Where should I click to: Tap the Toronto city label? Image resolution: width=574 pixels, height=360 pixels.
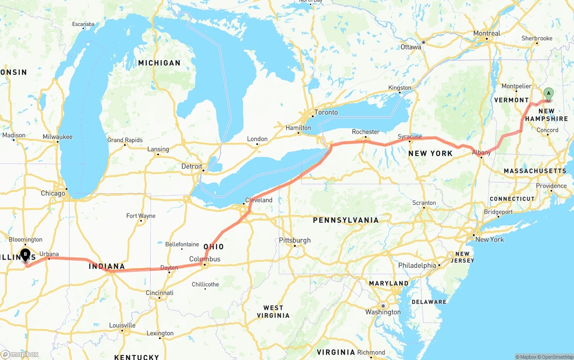[326, 112]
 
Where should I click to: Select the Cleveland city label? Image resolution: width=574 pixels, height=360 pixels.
[259, 200]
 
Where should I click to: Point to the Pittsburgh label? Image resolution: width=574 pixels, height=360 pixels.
[295, 240]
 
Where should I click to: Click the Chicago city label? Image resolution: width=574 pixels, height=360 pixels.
[53, 193]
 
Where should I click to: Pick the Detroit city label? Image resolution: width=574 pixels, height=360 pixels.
[191, 166]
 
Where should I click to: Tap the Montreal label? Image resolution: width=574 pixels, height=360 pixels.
[487, 33]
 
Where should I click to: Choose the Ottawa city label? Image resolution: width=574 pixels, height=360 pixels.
[411, 47]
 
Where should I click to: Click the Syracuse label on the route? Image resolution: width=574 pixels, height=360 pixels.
[409, 136]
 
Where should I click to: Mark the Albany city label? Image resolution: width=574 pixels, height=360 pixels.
[481, 152]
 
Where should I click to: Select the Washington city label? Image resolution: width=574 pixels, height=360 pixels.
[383, 312]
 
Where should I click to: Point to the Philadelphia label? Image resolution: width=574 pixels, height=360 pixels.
[417, 265]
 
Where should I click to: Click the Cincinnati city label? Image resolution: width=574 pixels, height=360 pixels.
[160, 293]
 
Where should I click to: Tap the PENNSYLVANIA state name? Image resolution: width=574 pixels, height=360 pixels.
[346, 220]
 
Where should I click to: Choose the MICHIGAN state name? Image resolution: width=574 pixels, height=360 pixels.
[159, 63]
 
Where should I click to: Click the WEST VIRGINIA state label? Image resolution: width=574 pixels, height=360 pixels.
[273, 312]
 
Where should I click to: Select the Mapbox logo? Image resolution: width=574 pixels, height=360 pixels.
[19, 354]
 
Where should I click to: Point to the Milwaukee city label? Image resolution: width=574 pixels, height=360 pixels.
[57, 137]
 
